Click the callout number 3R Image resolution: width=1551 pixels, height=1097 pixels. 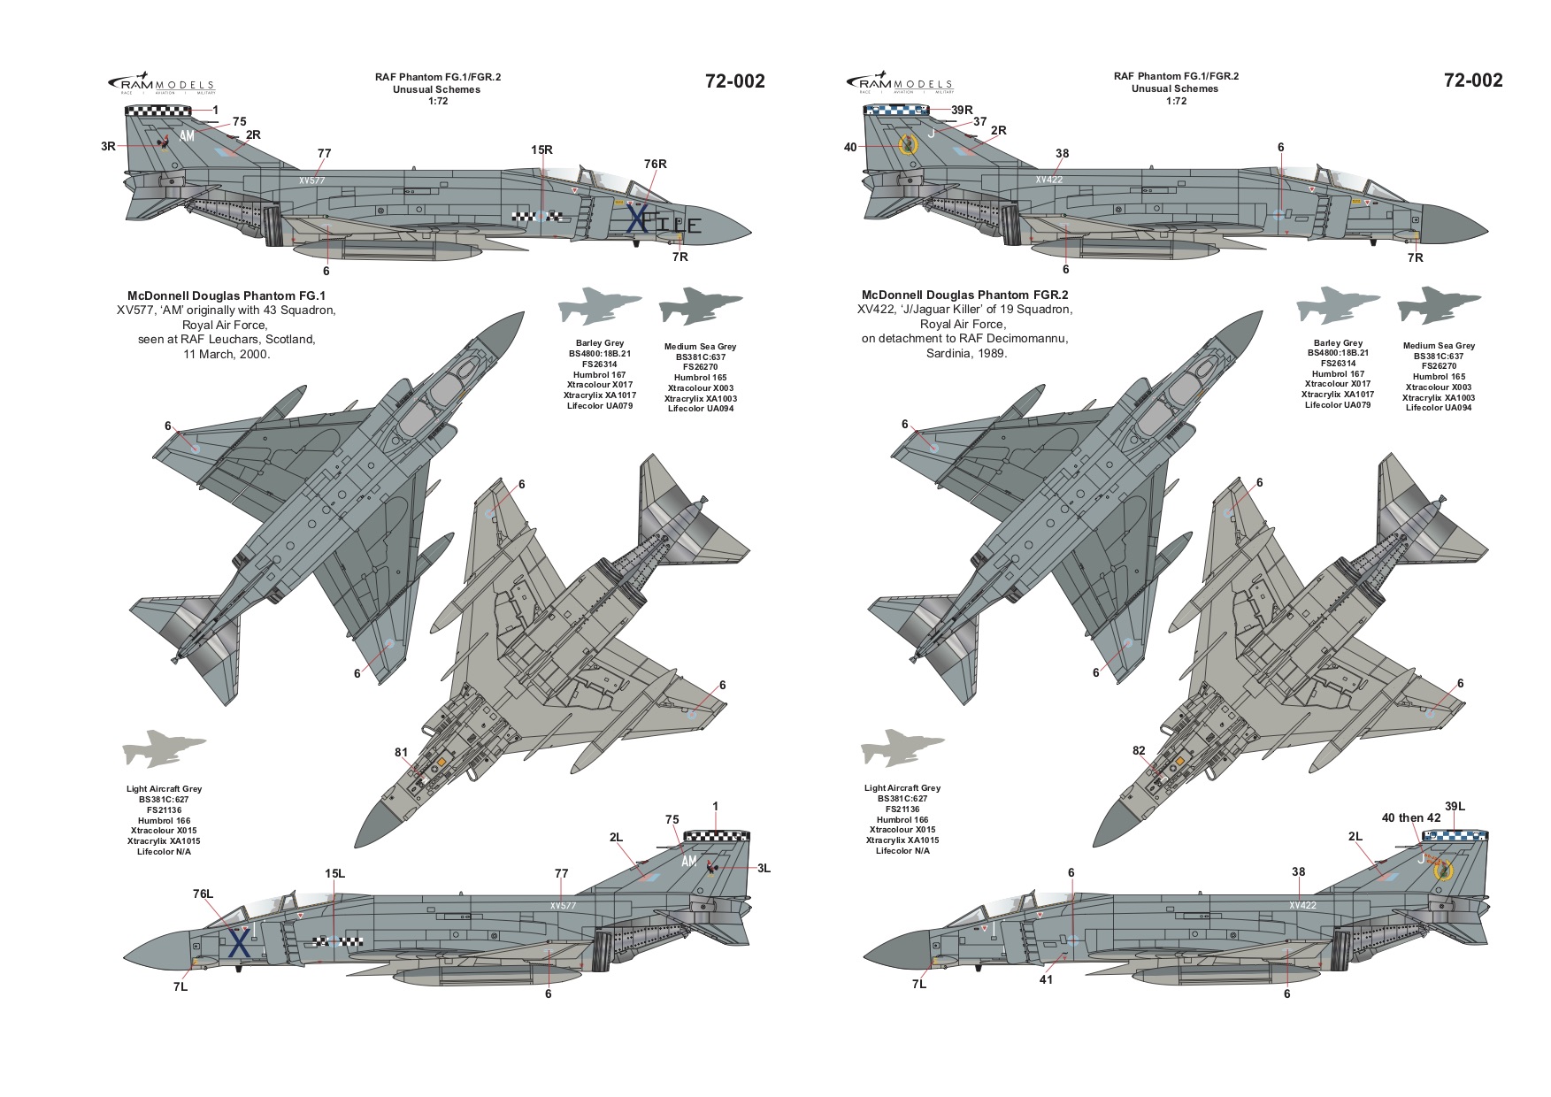click(x=108, y=147)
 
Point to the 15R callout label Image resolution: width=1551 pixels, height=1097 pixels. click(x=542, y=150)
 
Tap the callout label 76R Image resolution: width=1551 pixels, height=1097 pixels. click(x=655, y=164)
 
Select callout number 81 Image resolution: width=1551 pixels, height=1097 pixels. click(x=402, y=753)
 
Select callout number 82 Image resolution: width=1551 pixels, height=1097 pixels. click(x=1139, y=751)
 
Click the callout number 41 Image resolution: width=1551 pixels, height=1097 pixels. click(x=1048, y=979)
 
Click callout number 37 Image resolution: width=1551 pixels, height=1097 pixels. click(x=979, y=122)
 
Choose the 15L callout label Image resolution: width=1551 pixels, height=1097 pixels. click(x=334, y=874)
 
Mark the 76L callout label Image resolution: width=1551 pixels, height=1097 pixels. click(x=203, y=894)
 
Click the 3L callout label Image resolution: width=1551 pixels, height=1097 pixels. click(x=764, y=869)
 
